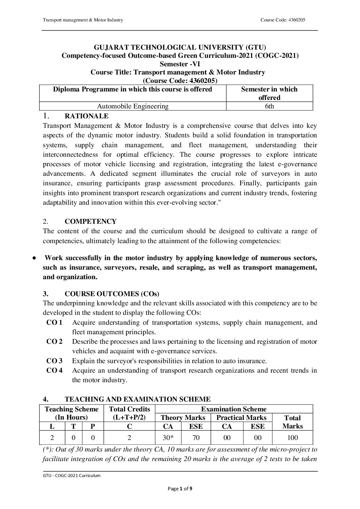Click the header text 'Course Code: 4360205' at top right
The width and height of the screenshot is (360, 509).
(x=282, y=20)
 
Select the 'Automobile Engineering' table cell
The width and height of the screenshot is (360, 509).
(x=133, y=106)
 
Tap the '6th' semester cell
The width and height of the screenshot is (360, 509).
(x=269, y=106)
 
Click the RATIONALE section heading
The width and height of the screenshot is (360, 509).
(x=86, y=116)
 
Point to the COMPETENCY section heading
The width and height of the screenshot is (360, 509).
(x=91, y=222)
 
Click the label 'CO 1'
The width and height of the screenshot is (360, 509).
(x=54, y=322)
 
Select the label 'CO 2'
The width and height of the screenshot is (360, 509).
(x=54, y=341)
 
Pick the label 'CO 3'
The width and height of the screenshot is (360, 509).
(x=54, y=361)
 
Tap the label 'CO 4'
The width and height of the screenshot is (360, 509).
(x=54, y=370)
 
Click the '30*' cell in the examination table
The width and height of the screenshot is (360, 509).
(x=168, y=438)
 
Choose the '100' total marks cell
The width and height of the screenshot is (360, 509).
(x=292, y=438)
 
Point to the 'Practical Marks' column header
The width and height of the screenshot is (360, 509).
(x=241, y=418)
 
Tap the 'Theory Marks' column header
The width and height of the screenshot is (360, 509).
(x=183, y=418)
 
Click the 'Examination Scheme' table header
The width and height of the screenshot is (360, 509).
(x=234, y=409)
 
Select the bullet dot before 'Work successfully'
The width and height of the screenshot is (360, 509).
(x=34, y=258)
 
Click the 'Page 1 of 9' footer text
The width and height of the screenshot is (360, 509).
(x=180, y=489)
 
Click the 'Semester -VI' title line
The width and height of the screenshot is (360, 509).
(x=180, y=64)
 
